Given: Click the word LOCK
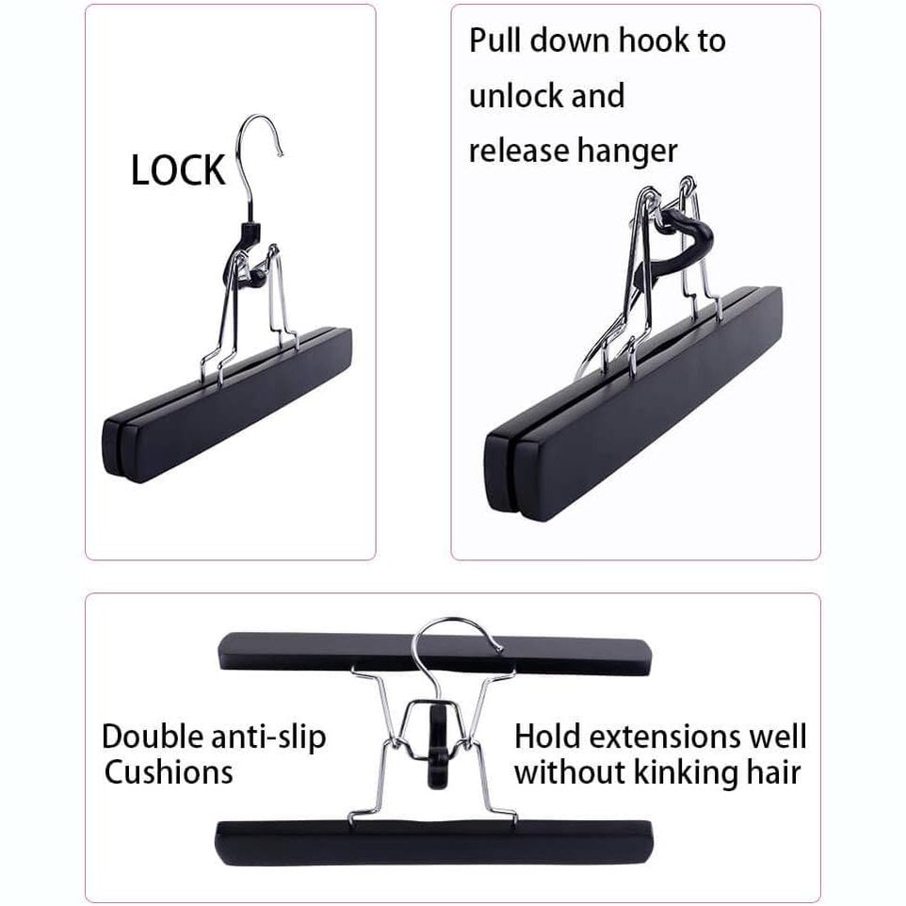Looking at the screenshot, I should (178, 171).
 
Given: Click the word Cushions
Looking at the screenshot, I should (169, 773).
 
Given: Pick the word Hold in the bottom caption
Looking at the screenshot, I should (550, 736).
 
